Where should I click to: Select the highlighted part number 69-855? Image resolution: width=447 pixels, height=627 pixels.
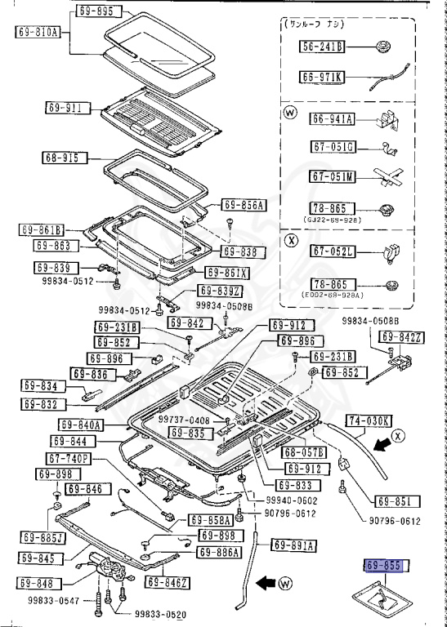(383, 566)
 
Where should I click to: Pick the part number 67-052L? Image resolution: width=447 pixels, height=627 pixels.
(332, 253)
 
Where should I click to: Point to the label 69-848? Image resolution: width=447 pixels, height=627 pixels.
(36, 584)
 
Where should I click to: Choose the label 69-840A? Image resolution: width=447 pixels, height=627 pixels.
(81, 425)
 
